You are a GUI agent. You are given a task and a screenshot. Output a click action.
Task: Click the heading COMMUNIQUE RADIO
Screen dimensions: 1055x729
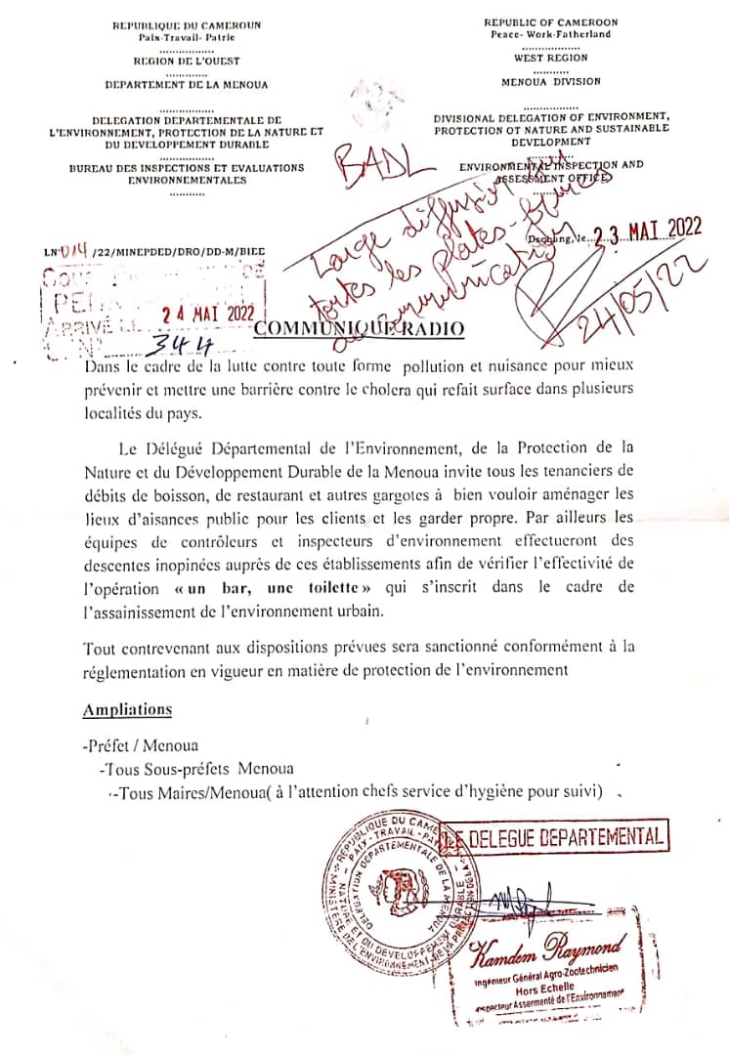(359, 330)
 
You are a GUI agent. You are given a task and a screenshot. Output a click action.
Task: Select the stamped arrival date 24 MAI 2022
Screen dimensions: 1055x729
(208, 315)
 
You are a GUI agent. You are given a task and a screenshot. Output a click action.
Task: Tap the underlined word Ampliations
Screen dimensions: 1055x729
(127, 709)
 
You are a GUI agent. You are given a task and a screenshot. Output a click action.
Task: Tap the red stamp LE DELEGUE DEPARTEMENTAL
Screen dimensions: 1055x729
(554, 837)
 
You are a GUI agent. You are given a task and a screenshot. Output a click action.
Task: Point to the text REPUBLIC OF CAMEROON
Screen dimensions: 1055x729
(550, 21)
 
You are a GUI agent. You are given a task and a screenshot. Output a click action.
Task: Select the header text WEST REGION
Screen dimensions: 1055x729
(550, 59)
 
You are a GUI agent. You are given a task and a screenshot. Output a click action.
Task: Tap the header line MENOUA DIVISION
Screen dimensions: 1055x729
(551, 83)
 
